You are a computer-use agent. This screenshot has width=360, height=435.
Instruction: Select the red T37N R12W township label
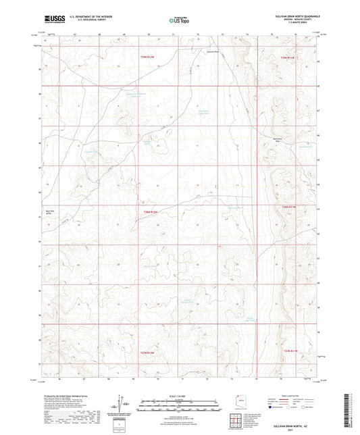click(x=148, y=352)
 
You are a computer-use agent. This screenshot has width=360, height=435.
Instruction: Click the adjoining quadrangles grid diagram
click(x=236, y=420)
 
